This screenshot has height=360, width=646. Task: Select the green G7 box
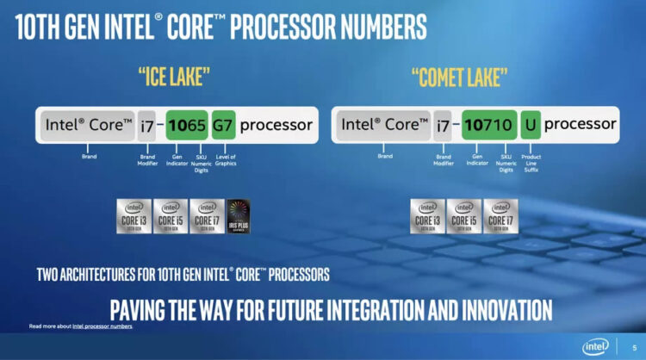click(x=223, y=126)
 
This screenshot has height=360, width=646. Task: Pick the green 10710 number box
click(x=488, y=126)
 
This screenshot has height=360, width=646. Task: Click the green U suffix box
click(x=531, y=126)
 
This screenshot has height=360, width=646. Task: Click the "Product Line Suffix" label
click(x=531, y=163)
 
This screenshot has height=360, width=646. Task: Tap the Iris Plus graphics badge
click(x=239, y=216)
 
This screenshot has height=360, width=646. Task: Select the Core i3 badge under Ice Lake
click(x=134, y=216)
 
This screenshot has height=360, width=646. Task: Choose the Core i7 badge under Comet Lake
click(x=500, y=216)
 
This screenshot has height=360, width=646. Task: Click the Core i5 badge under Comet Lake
click(x=464, y=216)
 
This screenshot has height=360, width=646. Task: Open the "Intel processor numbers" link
click(x=102, y=326)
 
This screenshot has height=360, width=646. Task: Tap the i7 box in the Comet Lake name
click(x=443, y=126)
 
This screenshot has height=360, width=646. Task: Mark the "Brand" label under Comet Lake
click(x=385, y=156)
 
